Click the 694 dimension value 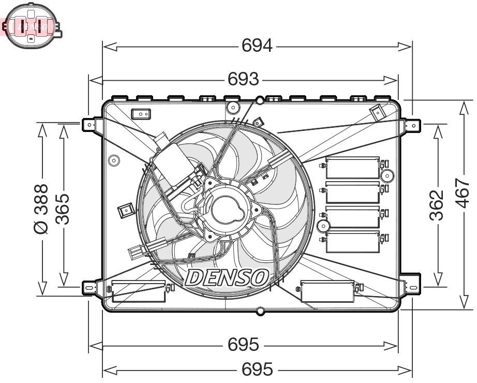point(257,46)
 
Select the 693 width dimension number point(243,79)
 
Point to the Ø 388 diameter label point(41,209)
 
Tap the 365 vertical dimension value point(63,209)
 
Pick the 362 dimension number point(437,205)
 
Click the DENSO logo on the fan point(227,277)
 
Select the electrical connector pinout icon point(31,25)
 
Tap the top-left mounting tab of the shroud point(91,124)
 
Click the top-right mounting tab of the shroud point(412,125)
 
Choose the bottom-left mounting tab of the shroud point(91,286)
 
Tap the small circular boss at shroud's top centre point(260,100)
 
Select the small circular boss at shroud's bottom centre point(260,311)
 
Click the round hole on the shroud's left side point(113,160)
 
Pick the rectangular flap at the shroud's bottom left point(138,291)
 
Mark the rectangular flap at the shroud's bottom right point(327,291)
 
